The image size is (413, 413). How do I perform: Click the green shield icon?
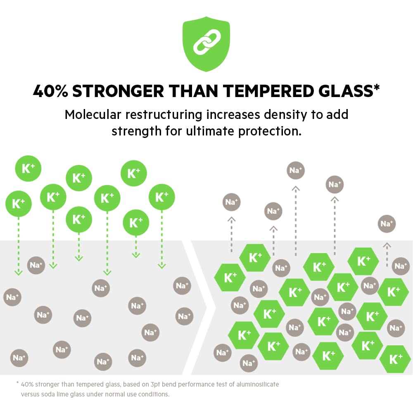click(x=206, y=45)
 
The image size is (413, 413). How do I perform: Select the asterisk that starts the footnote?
click(x=17, y=384)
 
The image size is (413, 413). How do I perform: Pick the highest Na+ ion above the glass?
click(x=296, y=170)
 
